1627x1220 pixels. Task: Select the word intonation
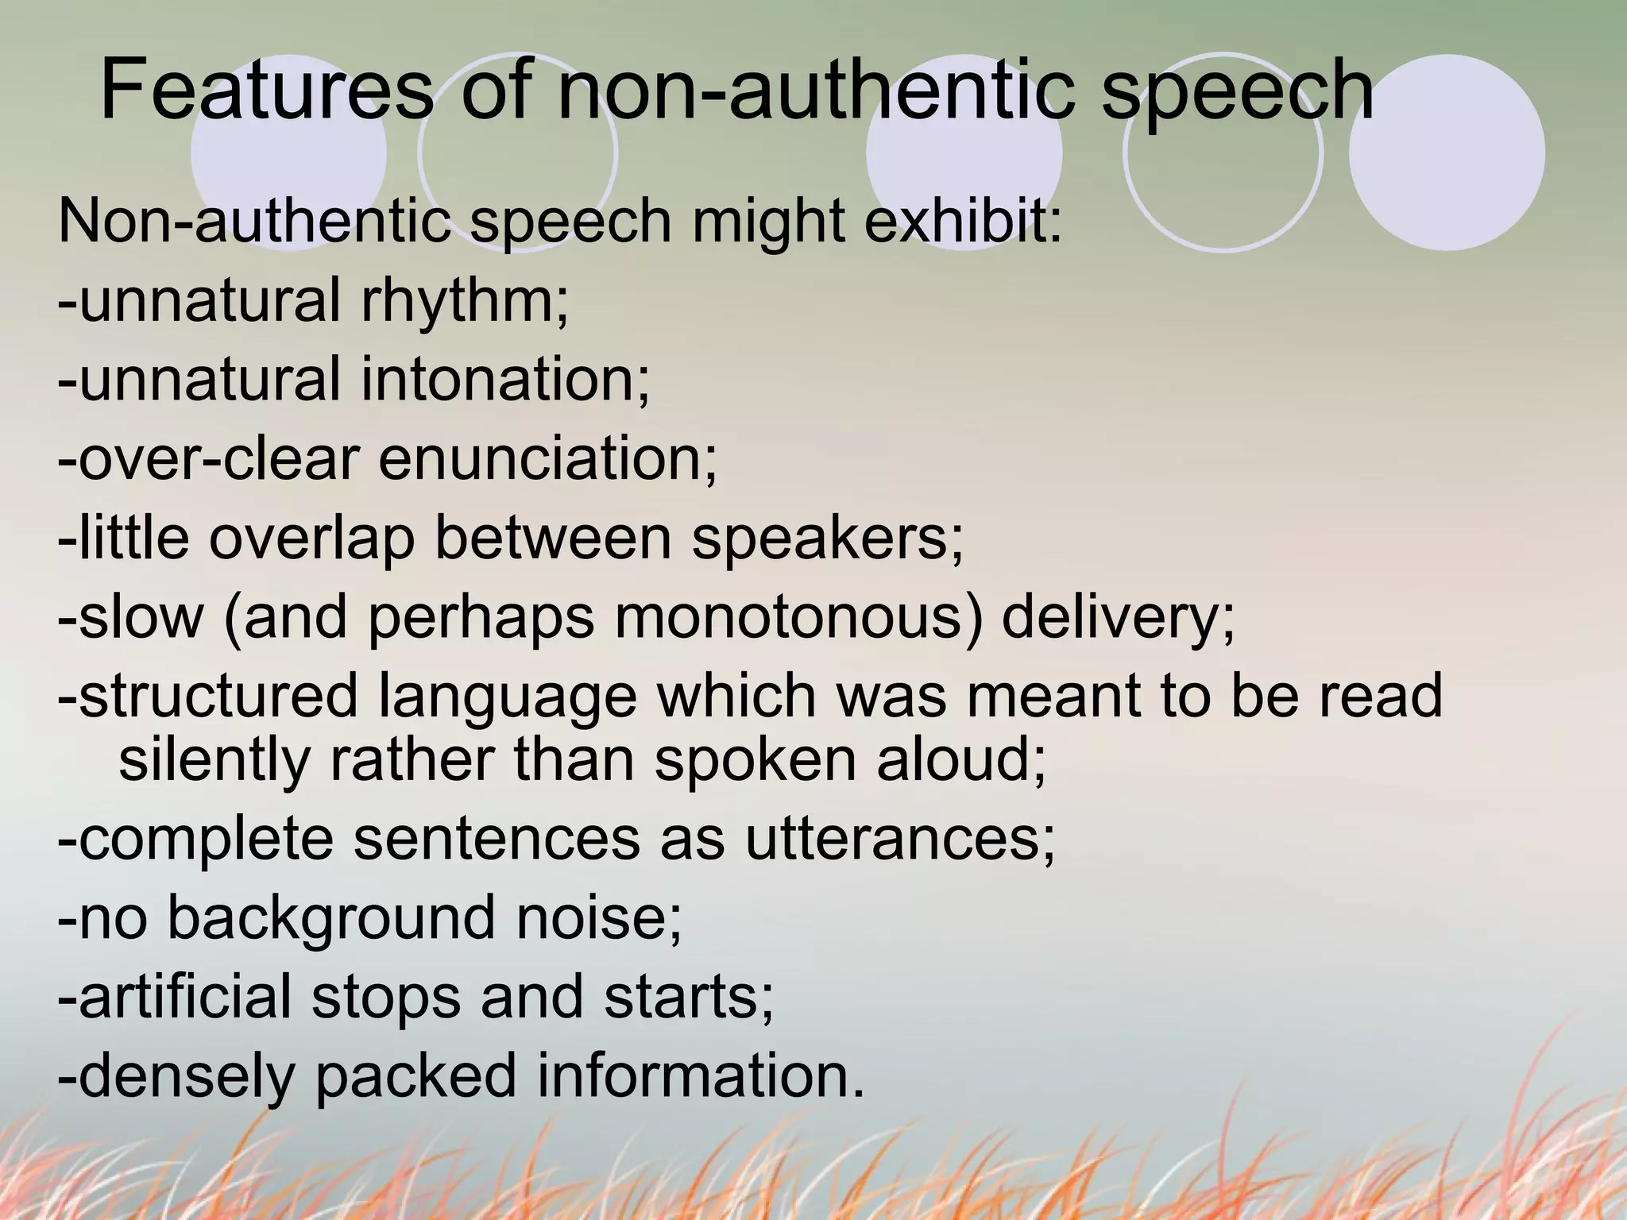pos(505,379)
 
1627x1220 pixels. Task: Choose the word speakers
pos(827,538)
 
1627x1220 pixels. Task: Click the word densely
pos(187,1076)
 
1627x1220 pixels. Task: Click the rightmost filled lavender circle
pos(1447,152)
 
